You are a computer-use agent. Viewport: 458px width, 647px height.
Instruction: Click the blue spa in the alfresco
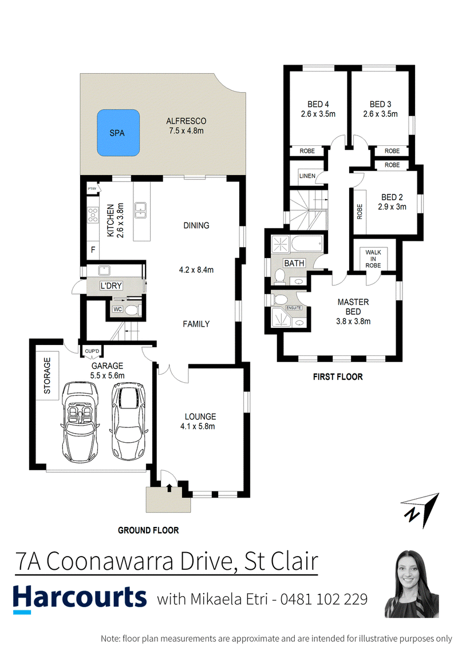click(118, 133)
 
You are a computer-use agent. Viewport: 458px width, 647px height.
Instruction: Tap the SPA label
click(117, 133)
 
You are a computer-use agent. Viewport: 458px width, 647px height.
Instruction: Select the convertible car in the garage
click(81, 422)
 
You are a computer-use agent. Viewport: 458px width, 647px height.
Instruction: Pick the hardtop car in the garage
click(128, 421)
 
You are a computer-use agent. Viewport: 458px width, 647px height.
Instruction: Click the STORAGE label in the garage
click(47, 375)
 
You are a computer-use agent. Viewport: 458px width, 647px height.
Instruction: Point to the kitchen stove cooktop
click(93, 216)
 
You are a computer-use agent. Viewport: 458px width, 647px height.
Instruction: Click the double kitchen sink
click(141, 211)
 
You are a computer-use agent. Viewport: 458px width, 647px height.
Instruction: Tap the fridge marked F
click(93, 249)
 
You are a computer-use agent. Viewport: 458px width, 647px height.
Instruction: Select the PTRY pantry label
click(92, 189)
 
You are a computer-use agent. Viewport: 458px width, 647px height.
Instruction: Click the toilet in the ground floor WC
click(132, 309)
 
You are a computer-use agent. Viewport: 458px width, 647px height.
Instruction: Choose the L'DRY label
click(111, 285)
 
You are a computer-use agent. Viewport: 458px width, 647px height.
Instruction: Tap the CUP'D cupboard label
click(92, 351)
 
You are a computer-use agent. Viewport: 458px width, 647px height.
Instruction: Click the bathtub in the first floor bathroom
click(307, 244)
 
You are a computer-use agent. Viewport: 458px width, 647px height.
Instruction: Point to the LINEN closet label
click(307, 176)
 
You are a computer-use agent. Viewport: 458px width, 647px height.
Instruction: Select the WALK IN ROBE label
click(373, 259)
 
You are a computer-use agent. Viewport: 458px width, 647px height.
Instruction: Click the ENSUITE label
click(294, 308)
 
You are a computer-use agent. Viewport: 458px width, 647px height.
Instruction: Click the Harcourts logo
click(80, 599)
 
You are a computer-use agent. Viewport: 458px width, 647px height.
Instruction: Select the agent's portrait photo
click(411, 584)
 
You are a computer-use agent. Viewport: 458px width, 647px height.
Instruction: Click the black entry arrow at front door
click(169, 488)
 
